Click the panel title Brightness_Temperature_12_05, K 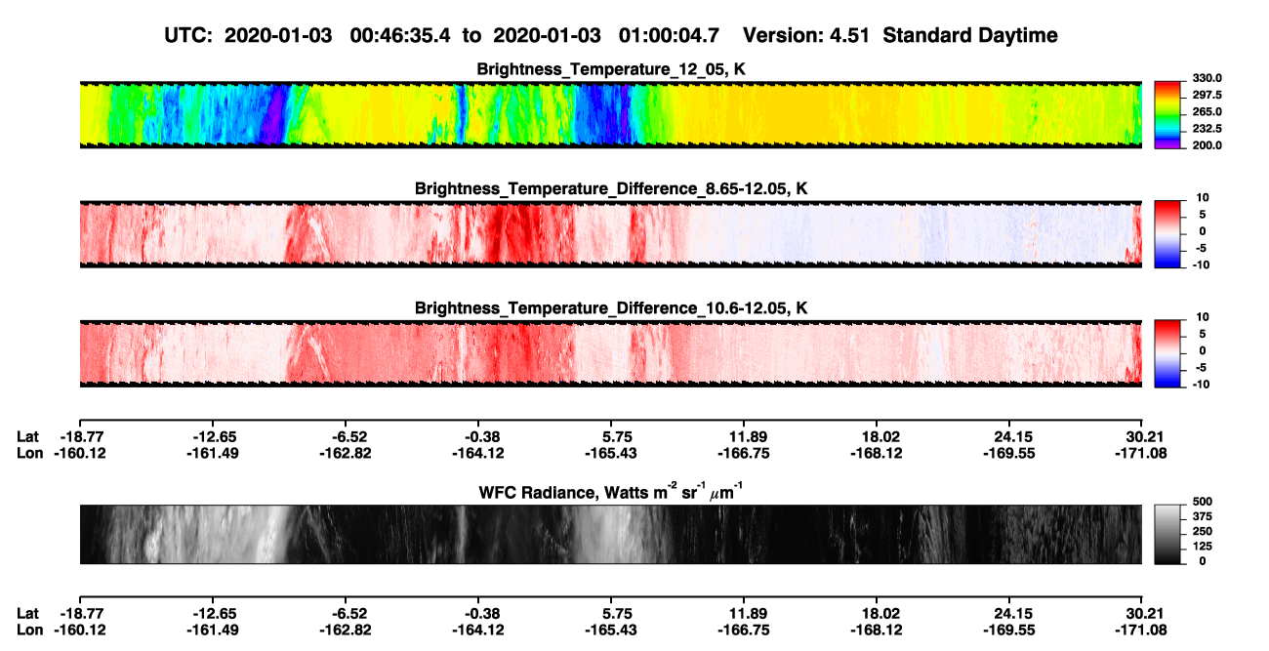611,69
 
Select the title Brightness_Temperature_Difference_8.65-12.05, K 611,188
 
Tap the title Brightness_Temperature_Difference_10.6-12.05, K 611,308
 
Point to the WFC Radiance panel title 611,491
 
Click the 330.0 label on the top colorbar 1207,78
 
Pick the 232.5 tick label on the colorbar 1207,129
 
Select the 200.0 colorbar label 1207,145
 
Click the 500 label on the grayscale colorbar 1203,502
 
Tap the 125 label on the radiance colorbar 1203,547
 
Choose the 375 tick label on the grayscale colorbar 1203,516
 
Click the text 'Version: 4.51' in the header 805,35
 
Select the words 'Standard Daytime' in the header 970,35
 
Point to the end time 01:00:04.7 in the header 669,35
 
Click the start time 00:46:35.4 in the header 400,35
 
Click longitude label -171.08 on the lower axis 1140,631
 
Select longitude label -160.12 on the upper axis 80,453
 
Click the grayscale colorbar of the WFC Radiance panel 1167,534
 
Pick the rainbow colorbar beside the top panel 1167,115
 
